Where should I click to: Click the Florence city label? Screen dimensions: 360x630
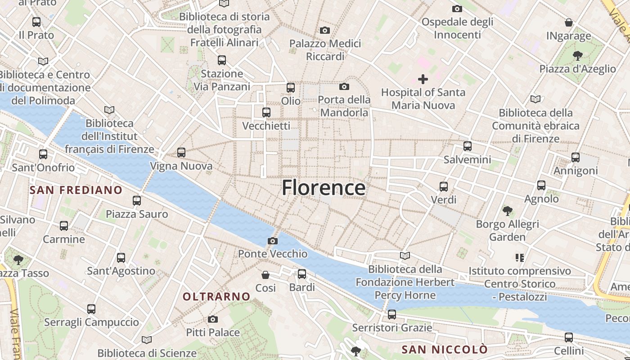(323, 188)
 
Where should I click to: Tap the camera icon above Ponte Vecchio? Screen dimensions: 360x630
(272, 241)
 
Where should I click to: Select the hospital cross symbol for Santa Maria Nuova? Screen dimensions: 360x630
(423, 80)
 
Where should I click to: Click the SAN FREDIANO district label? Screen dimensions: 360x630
(76, 190)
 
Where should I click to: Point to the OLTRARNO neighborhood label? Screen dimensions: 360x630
(216, 297)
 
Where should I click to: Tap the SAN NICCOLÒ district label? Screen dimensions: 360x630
(444, 350)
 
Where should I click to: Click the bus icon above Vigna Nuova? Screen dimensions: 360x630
(181, 153)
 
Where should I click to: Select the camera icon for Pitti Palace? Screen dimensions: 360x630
(213, 319)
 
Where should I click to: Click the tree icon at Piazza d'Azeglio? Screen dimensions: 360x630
(577, 56)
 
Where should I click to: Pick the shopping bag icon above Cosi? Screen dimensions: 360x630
(265, 274)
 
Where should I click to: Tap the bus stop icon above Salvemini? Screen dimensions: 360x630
(468, 146)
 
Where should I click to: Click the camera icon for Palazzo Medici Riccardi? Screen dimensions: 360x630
(324, 31)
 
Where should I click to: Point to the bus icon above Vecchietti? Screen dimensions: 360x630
(266, 112)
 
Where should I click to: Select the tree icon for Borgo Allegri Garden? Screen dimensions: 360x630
(508, 211)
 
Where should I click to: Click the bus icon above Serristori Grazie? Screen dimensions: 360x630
(392, 315)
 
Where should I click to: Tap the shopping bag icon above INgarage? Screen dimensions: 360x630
(569, 22)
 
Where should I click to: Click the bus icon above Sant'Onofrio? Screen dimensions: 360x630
(43, 154)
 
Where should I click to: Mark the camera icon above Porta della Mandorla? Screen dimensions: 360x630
(344, 86)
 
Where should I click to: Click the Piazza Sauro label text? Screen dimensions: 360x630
(137, 214)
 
